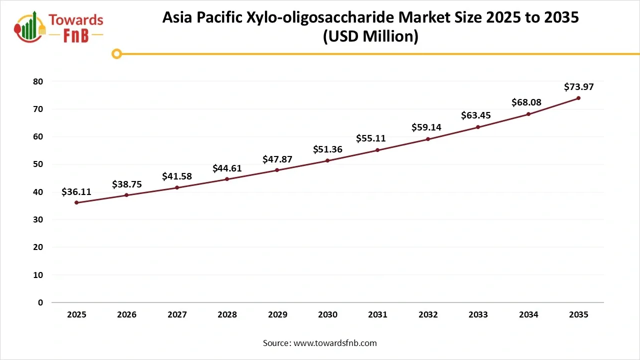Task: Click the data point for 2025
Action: pyautogui.click(x=76, y=202)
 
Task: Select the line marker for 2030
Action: pyautogui.click(x=327, y=160)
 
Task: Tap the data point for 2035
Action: pyautogui.click(x=578, y=98)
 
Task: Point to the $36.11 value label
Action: pyautogui.click(x=76, y=191)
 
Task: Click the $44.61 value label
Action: pyautogui.click(x=227, y=168)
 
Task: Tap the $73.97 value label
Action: pyautogui.click(x=578, y=86)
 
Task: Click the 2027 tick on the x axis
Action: pyautogui.click(x=177, y=314)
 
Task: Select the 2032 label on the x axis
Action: pyautogui.click(x=428, y=314)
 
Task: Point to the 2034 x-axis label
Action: pyautogui.click(x=528, y=314)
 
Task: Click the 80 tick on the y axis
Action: pyautogui.click(x=37, y=81)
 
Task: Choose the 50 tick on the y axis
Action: pyautogui.click(x=37, y=164)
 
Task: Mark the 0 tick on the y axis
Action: pyautogui.click(x=40, y=302)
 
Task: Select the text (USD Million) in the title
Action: pyautogui.click(x=370, y=36)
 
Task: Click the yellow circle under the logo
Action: pyautogui.click(x=116, y=53)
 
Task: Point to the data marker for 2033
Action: pyautogui.click(x=478, y=127)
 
